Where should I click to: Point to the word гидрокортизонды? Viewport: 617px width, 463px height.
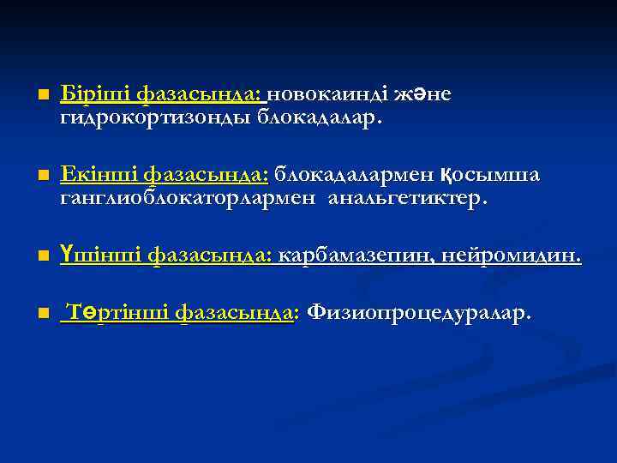click(x=154, y=117)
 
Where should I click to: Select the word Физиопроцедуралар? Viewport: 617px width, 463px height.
click(x=418, y=312)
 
